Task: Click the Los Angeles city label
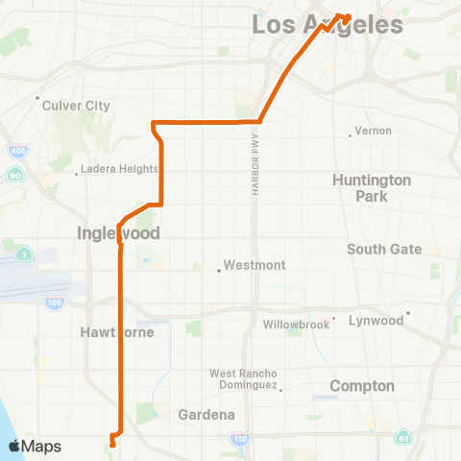click(x=327, y=24)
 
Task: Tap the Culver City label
click(x=76, y=106)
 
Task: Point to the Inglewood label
click(x=118, y=233)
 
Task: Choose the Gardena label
click(x=206, y=415)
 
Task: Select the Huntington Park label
click(x=372, y=188)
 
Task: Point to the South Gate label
click(x=384, y=250)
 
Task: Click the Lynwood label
click(x=376, y=321)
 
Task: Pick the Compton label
click(x=362, y=386)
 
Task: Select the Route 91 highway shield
click(x=403, y=439)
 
